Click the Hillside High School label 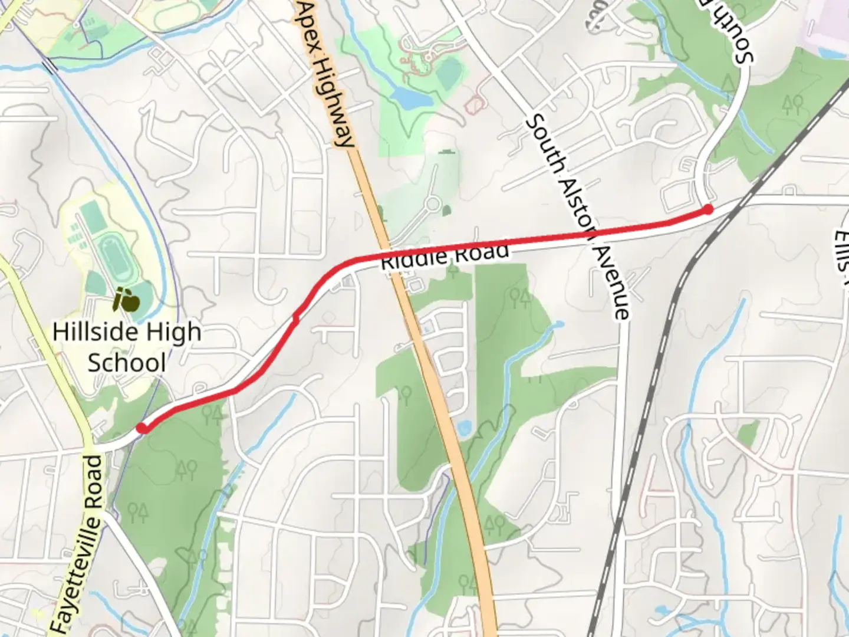pos(127,347)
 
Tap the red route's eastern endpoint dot pos(707,209)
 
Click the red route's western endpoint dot pos(142,428)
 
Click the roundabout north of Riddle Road pos(433,205)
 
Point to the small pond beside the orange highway pos(463,428)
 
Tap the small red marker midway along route pos(296,318)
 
